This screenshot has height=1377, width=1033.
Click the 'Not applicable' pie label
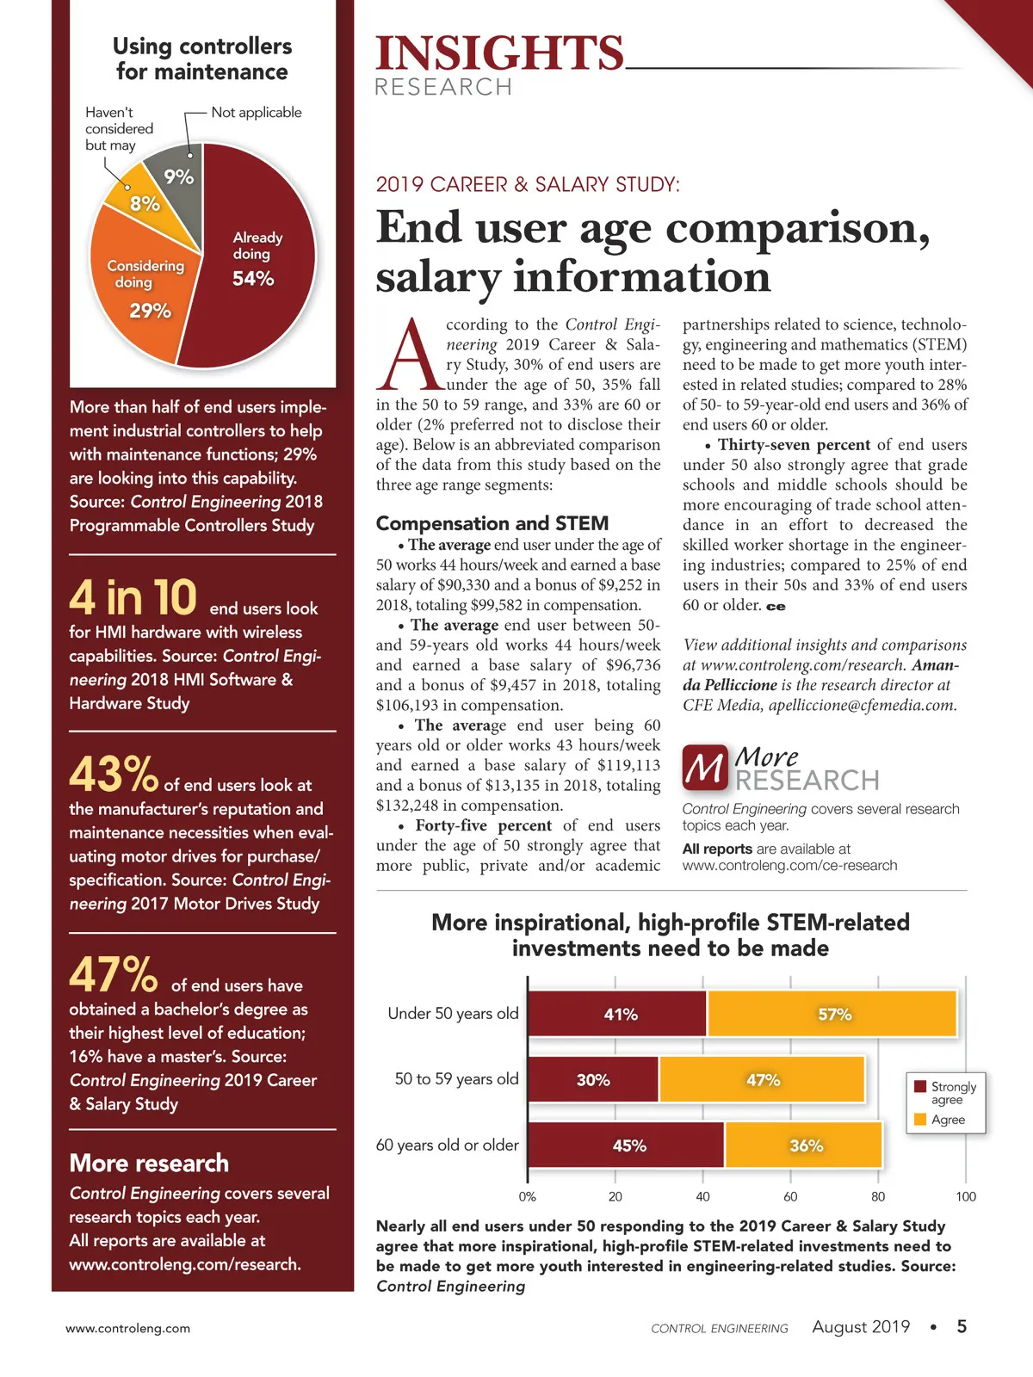(257, 112)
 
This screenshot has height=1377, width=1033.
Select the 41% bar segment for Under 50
(617, 1014)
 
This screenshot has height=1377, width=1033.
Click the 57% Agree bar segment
(832, 1014)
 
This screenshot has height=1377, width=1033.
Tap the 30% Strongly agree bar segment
(593, 1079)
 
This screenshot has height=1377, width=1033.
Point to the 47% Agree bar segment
(762, 1079)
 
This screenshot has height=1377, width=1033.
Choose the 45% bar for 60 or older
(627, 1145)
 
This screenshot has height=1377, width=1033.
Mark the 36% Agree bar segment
(804, 1145)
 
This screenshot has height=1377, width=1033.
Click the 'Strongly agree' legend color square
(920, 1087)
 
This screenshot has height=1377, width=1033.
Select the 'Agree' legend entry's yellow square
(920, 1120)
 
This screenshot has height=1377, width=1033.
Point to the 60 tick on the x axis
(790, 1196)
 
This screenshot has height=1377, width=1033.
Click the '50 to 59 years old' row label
(456, 1079)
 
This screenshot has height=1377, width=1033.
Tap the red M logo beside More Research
(705, 768)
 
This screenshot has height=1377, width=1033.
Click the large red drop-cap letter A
(410, 355)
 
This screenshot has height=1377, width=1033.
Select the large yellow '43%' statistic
(114, 774)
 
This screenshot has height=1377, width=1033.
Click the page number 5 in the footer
(962, 1326)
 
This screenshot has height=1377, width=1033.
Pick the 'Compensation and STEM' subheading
(492, 523)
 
